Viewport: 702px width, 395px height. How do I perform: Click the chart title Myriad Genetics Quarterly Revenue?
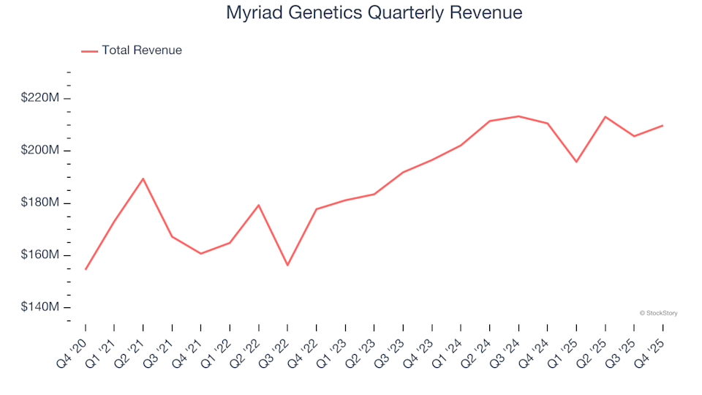(374, 12)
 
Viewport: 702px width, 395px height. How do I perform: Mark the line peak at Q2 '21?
(143, 178)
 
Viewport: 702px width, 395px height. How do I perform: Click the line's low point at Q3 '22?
(287, 265)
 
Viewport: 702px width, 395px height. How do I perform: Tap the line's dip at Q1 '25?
(576, 162)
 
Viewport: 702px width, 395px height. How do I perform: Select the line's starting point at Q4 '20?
(86, 269)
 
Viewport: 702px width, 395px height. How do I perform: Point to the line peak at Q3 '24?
(518, 116)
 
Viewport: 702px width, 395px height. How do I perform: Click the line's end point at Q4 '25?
(663, 126)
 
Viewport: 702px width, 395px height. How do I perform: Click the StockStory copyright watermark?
(658, 313)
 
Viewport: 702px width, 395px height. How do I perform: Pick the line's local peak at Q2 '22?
(258, 205)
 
